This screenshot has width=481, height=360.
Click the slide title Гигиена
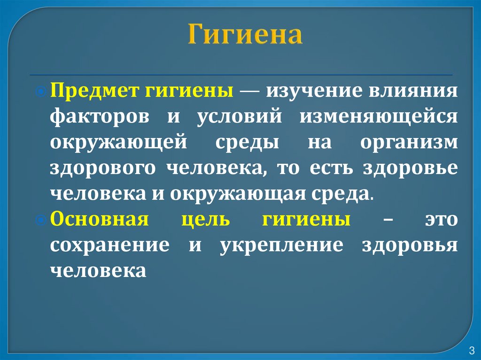coord(245,36)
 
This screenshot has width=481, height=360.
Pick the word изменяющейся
coord(379,116)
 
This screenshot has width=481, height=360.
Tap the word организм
coord(409,142)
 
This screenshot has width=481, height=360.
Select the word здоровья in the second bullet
coord(410,245)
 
